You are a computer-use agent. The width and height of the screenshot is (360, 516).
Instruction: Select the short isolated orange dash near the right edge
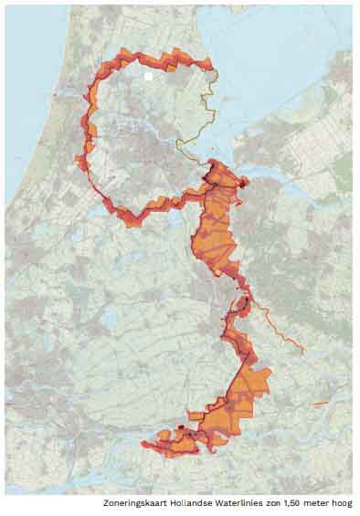tap(320, 403)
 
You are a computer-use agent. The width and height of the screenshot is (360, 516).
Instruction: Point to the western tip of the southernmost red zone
tap(143, 445)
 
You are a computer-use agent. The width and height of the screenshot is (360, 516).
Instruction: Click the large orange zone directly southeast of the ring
tap(216, 224)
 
